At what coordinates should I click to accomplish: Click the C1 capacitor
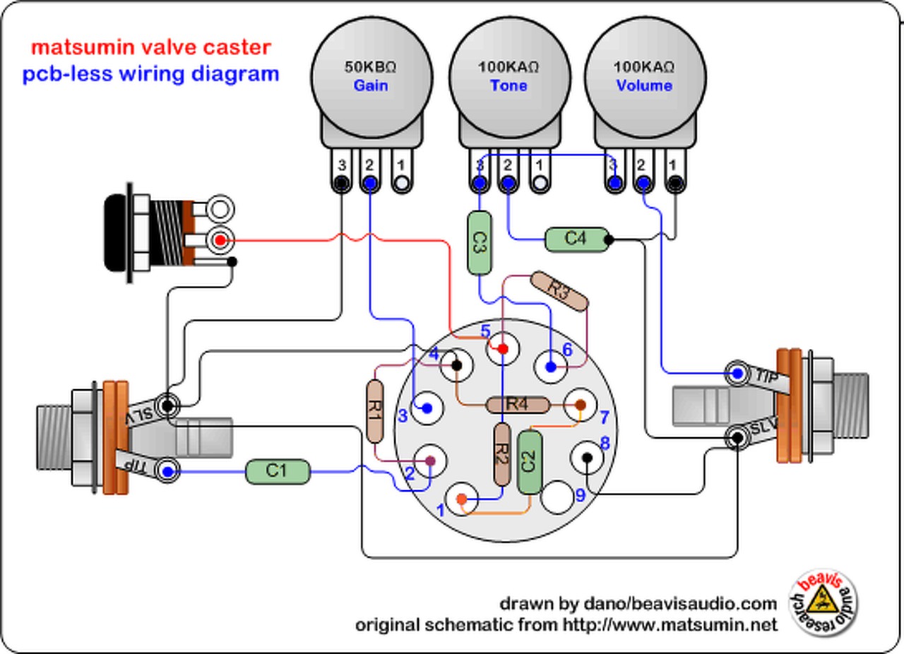point(278,472)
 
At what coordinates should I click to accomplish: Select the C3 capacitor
point(479,243)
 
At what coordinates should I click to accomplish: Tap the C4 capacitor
point(576,239)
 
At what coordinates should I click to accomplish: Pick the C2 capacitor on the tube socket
point(529,463)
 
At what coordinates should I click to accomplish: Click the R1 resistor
point(374,412)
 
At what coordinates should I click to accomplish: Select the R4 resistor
point(518,405)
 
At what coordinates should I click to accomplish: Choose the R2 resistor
point(502,455)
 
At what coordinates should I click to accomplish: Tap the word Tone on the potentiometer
point(509,85)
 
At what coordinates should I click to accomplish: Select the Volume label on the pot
point(643,85)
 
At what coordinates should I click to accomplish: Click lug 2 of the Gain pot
point(369,183)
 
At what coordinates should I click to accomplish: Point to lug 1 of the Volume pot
point(674,183)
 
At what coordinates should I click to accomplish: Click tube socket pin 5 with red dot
point(502,349)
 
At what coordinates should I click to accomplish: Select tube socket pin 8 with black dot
point(587,458)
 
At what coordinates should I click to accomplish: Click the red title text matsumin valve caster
point(150,48)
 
